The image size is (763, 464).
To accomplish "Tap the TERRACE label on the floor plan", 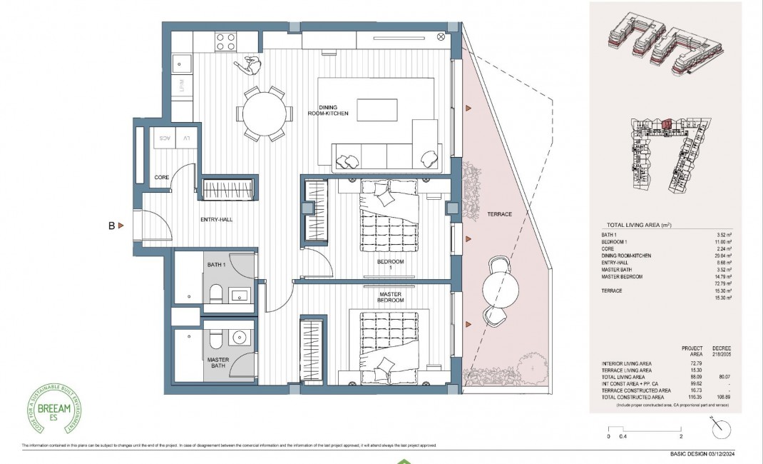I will coord(499,214).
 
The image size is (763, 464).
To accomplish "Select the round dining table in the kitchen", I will coord(266,114).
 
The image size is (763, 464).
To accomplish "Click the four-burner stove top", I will coord(226,42).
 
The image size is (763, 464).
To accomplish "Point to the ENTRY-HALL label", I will coord(217,219).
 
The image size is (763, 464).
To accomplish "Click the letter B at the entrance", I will coord(111,226).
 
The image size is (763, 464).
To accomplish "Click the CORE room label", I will coord(162,177).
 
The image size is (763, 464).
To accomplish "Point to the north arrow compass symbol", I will coord(721,429).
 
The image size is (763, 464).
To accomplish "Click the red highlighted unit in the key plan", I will coord(667,124).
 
